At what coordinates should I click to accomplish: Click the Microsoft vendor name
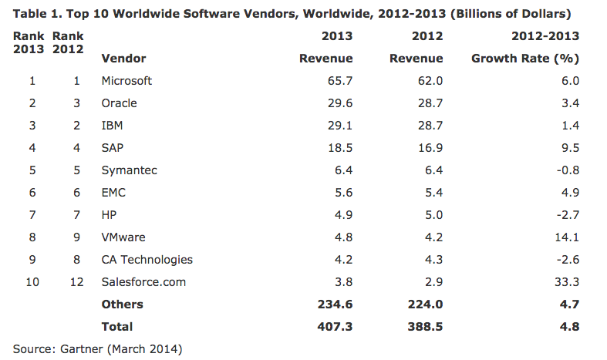click(x=126, y=81)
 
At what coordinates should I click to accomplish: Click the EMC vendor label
click(x=114, y=193)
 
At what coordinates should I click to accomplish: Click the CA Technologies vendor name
click(x=147, y=260)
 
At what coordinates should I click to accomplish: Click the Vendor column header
click(x=123, y=59)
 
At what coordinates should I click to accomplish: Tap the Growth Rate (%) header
click(x=524, y=59)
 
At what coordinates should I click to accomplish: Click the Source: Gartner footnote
click(x=98, y=349)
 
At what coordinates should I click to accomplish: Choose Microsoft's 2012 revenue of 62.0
click(x=430, y=81)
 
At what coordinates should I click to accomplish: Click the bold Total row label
click(x=117, y=327)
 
